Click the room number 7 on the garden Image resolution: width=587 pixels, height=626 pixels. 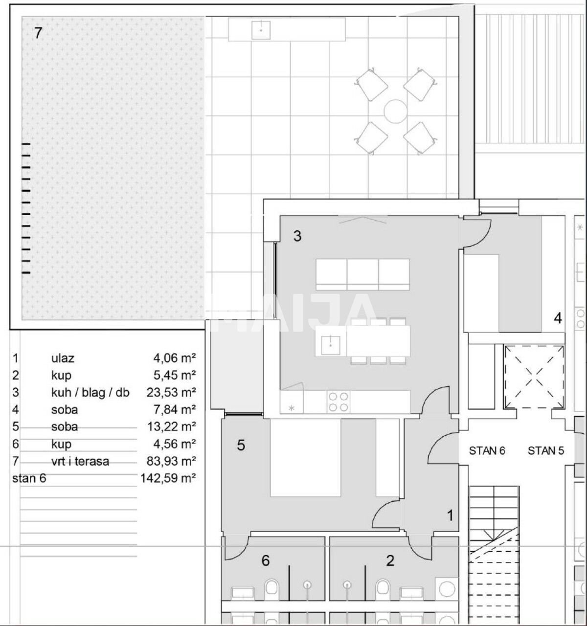pyautogui.click(x=39, y=33)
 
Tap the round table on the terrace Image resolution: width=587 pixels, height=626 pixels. pyautogui.click(x=395, y=112)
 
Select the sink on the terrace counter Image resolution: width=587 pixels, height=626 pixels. pyautogui.click(x=261, y=30)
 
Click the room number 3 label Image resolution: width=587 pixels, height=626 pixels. pyautogui.click(x=297, y=237)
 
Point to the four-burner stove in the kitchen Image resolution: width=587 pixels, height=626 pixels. pyautogui.click(x=338, y=402)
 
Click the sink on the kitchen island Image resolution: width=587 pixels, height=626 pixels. pyautogui.click(x=331, y=341)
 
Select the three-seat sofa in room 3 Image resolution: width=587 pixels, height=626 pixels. pyautogui.click(x=362, y=274)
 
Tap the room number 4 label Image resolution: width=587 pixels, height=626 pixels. pyautogui.click(x=557, y=318)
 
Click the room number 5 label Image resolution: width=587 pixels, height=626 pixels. pyautogui.click(x=241, y=446)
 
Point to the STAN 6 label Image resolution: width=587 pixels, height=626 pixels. pyautogui.click(x=487, y=450)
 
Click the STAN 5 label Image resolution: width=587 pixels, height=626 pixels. pyautogui.click(x=545, y=450)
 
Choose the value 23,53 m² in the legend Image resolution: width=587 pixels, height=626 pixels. pyautogui.click(x=171, y=392)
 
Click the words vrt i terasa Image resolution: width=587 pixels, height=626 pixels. pyautogui.click(x=80, y=461)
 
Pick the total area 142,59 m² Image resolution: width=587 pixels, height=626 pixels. pyautogui.click(x=168, y=478)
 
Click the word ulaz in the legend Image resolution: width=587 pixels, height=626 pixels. pyautogui.click(x=63, y=358)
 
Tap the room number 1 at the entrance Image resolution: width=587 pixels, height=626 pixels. pyautogui.click(x=450, y=515)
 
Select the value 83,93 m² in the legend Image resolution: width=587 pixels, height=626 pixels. pyautogui.click(x=171, y=461)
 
